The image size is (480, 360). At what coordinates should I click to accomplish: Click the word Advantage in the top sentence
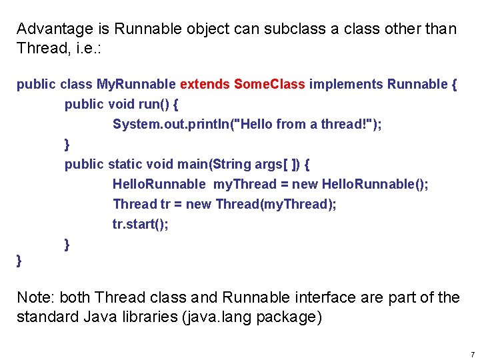[x=55, y=29]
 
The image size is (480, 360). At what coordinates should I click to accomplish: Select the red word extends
[x=205, y=84]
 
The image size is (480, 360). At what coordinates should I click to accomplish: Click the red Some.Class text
[x=269, y=84]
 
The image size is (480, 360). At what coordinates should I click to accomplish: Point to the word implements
[x=346, y=84]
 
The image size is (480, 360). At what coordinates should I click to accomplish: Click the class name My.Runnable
[x=137, y=84]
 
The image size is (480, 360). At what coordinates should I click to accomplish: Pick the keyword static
[x=126, y=164]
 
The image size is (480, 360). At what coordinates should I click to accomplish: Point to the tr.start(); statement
[x=141, y=224]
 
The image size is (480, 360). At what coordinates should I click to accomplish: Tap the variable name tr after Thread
[x=165, y=204]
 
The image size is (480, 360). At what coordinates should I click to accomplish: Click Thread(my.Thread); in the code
[x=276, y=204]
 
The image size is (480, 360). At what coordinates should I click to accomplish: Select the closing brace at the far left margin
[x=19, y=261]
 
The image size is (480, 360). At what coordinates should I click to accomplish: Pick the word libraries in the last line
[x=147, y=317]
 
